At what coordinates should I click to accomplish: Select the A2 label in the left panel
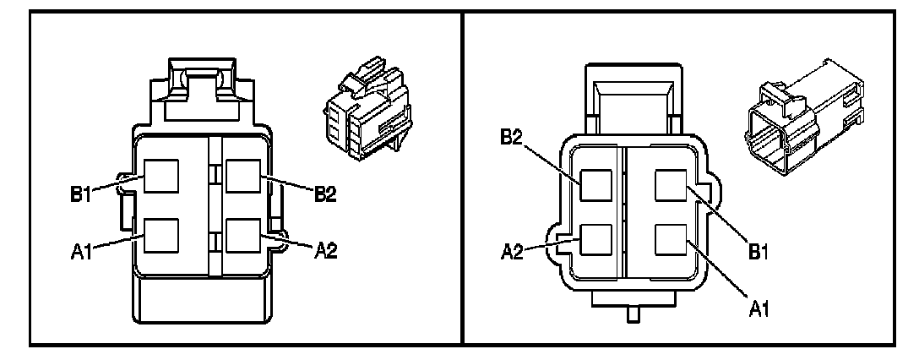[325, 251]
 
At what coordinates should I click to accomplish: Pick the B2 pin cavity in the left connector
[244, 177]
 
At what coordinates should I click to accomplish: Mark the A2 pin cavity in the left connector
[244, 235]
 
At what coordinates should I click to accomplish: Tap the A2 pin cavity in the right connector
[595, 241]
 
